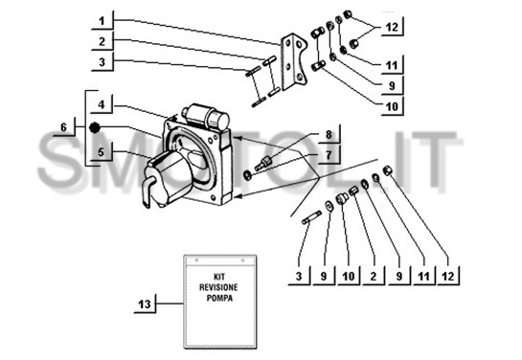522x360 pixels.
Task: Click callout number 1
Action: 102,21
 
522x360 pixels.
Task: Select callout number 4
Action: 102,104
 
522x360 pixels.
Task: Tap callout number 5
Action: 102,152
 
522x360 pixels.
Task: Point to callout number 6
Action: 63,127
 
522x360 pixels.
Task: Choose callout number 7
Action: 329,155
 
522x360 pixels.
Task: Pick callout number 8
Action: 329,135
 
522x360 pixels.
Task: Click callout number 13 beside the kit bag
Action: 145,304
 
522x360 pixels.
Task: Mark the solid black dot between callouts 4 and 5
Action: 95,127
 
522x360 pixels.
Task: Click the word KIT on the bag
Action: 219,277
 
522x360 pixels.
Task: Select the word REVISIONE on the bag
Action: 218,287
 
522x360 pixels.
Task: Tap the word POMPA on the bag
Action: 219,298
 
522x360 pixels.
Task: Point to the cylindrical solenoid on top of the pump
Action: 206,116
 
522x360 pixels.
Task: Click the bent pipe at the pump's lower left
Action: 148,191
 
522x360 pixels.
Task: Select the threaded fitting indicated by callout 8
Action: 263,163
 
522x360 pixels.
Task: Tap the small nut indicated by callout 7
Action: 248,175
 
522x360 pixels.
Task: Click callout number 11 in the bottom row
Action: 423,276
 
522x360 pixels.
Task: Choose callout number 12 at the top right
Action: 392,27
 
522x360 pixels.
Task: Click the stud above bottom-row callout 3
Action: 312,217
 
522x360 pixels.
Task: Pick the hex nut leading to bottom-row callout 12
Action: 388,170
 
